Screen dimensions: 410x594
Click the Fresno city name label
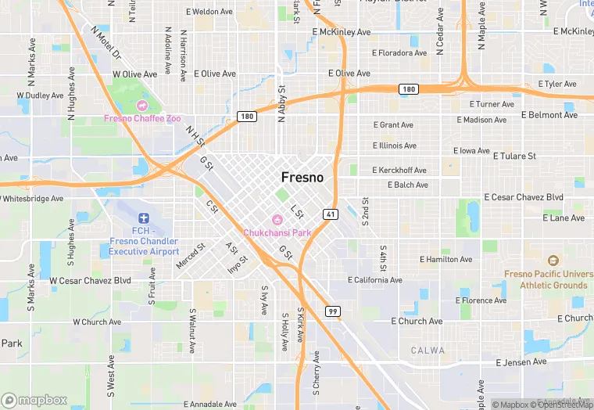[302, 178]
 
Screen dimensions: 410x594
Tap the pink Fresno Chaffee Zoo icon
[142, 105]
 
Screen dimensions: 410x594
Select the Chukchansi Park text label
[277, 232]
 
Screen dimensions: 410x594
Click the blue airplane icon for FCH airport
[142, 218]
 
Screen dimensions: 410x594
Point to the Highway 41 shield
[330, 214]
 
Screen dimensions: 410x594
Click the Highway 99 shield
[333, 311]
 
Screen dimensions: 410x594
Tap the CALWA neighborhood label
[428, 350]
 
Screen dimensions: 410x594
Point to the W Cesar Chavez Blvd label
[90, 280]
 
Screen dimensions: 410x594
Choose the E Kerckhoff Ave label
[399, 170]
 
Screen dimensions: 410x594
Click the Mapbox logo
[34, 400]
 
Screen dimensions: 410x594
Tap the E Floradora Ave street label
[399, 53]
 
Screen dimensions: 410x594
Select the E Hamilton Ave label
[445, 259]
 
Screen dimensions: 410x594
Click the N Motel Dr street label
[106, 43]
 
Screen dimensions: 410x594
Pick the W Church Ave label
[97, 322]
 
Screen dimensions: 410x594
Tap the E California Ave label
[375, 279]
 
